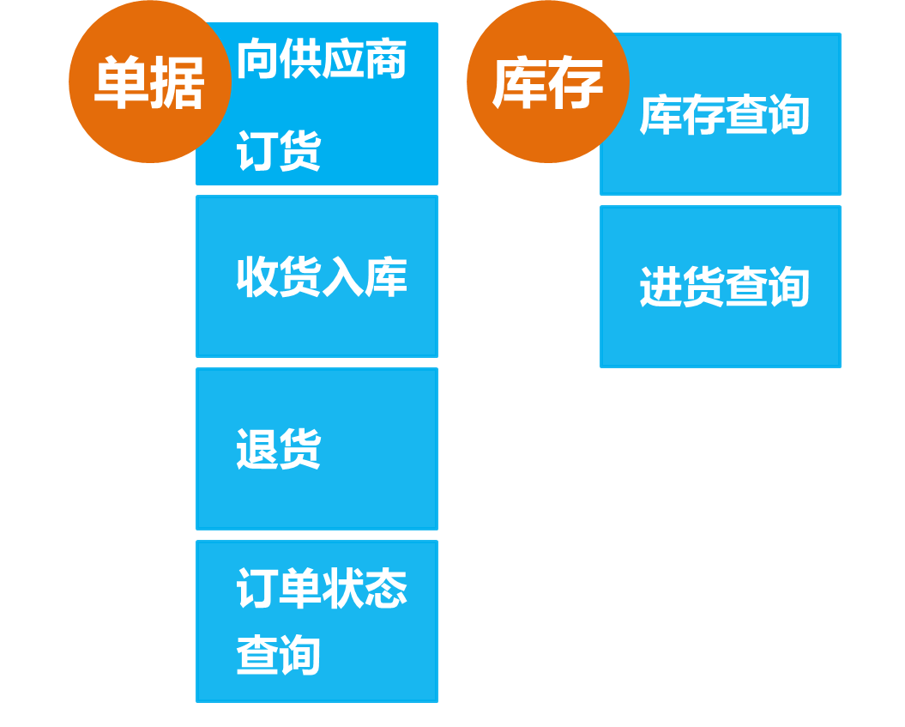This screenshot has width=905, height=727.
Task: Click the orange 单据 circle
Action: (149, 82)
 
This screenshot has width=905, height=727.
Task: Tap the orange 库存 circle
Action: (547, 82)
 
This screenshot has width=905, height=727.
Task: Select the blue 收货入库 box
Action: (317, 276)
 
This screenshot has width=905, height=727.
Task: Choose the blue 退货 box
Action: (317, 448)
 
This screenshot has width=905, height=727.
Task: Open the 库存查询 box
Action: (721, 114)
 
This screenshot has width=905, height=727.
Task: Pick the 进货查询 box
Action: (721, 287)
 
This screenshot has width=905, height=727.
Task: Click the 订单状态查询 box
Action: (317, 621)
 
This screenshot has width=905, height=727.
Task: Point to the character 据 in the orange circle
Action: (177, 83)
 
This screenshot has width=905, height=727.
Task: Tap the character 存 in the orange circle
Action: (576, 83)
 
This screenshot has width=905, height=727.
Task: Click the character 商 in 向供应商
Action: (385, 59)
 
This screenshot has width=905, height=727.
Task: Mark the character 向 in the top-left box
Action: (256, 59)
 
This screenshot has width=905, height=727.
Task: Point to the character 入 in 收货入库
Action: (342, 277)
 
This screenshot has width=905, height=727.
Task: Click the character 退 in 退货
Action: (256, 449)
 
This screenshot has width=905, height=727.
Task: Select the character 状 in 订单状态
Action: (342, 588)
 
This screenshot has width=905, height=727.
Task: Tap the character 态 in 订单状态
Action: (385, 588)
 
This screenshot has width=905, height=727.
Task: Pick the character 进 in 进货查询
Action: (661, 287)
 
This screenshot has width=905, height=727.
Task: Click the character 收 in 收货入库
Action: (256, 277)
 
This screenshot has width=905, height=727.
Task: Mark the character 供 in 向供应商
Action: (299, 59)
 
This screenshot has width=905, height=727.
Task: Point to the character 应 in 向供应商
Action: (342, 59)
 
